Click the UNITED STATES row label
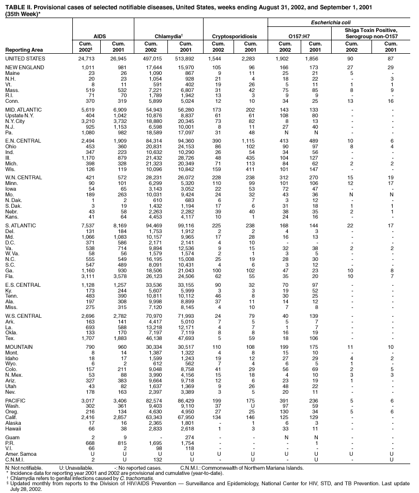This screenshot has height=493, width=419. point(25,59)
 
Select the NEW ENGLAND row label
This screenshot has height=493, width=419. point(24,68)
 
